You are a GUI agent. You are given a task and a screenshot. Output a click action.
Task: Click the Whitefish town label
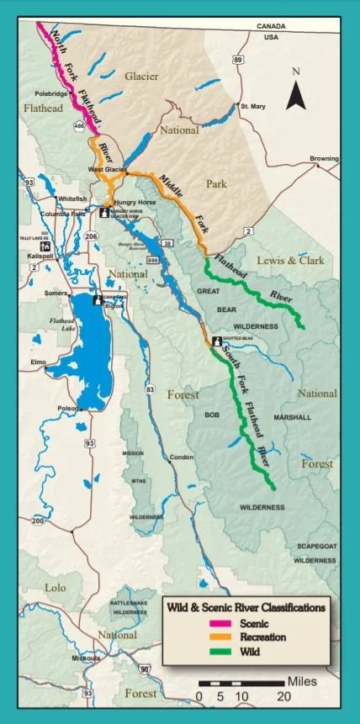(x=71, y=198)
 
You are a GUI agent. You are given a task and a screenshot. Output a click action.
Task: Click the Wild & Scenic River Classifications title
(x=246, y=606)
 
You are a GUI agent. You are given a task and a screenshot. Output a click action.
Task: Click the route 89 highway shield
(x=239, y=60)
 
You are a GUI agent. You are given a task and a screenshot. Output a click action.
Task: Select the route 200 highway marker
(x=38, y=521)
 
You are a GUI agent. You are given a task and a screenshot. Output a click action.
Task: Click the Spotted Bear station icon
(x=216, y=341)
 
